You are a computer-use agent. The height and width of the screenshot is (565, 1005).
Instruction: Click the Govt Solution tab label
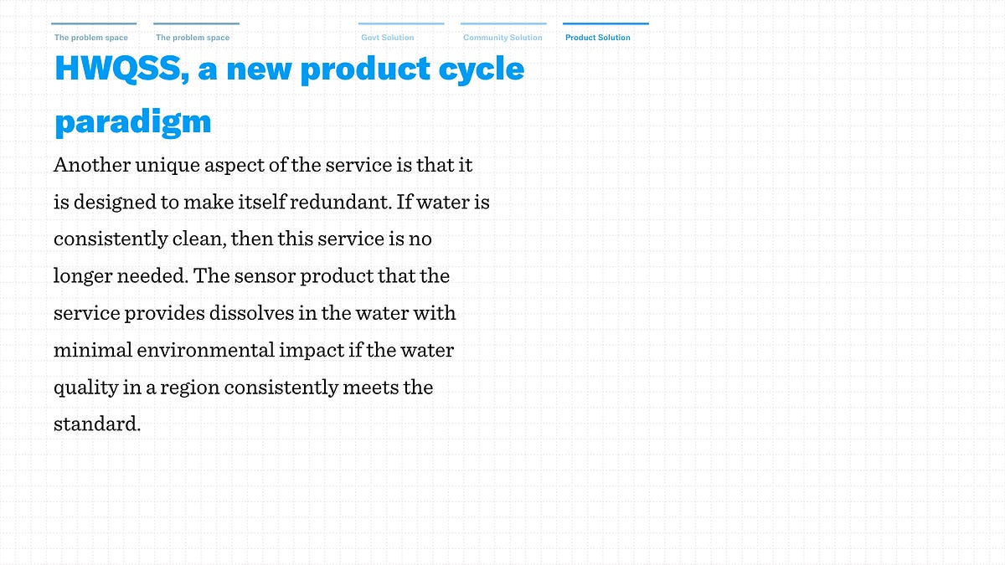point(388,38)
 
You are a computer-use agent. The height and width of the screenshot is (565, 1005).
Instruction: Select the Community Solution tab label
point(502,38)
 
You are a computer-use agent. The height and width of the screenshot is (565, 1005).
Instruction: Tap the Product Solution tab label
point(598,38)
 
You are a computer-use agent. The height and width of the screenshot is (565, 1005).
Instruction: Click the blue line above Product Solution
point(606,23)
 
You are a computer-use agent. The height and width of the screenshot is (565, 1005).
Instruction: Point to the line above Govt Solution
point(401,23)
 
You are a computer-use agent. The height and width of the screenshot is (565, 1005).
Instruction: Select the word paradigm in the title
point(133,122)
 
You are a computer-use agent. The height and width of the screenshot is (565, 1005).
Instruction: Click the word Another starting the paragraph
point(92,165)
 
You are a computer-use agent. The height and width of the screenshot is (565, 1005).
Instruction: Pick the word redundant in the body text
point(341,202)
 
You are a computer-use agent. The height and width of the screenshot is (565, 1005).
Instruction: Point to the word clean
point(199,239)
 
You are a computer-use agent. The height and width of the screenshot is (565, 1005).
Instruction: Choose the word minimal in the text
point(93,350)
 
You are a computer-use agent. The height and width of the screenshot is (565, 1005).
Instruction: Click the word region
point(190,388)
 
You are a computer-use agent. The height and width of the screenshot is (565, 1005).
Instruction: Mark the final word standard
point(97,424)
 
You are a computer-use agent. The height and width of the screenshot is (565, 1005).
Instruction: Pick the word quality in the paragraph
point(85,388)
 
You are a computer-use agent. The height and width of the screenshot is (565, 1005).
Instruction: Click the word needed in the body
point(152,275)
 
